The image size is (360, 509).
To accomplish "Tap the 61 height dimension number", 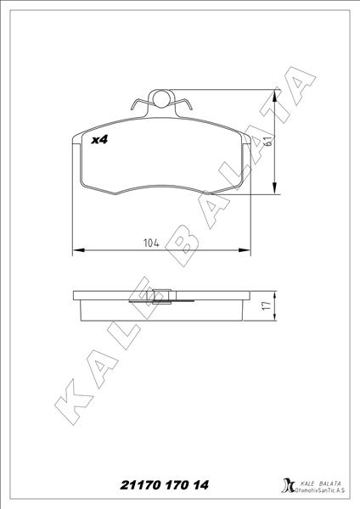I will [267, 143].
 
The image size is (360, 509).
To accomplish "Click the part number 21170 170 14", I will [156, 485].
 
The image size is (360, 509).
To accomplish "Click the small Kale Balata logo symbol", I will [285, 487].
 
